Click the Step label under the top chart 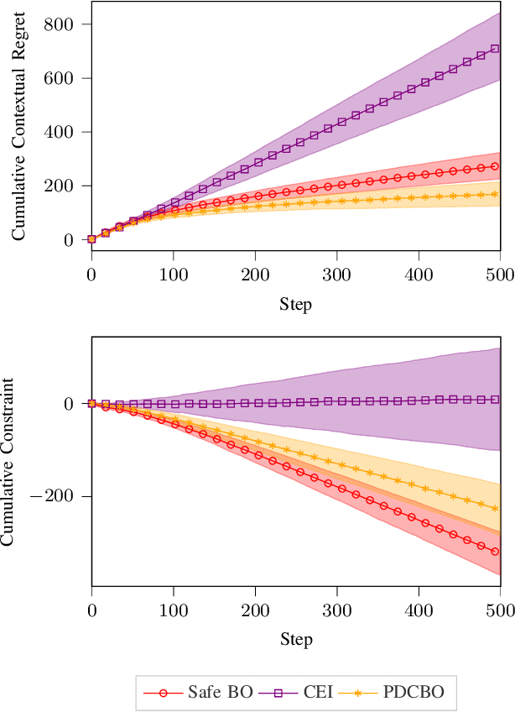pyautogui.click(x=295, y=304)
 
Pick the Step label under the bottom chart pyautogui.click(x=295, y=640)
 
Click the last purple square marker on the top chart pyautogui.click(x=495, y=49)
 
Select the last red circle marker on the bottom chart pyautogui.click(x=495, y=552)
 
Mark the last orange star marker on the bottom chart pyautogui.click(x=495, y=508)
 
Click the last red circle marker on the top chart pyautogui.click(x=495, y=166)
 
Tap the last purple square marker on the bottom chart pyautogui.click(x=495, y=400)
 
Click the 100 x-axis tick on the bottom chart pyautogui.click(x=173, y=611)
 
